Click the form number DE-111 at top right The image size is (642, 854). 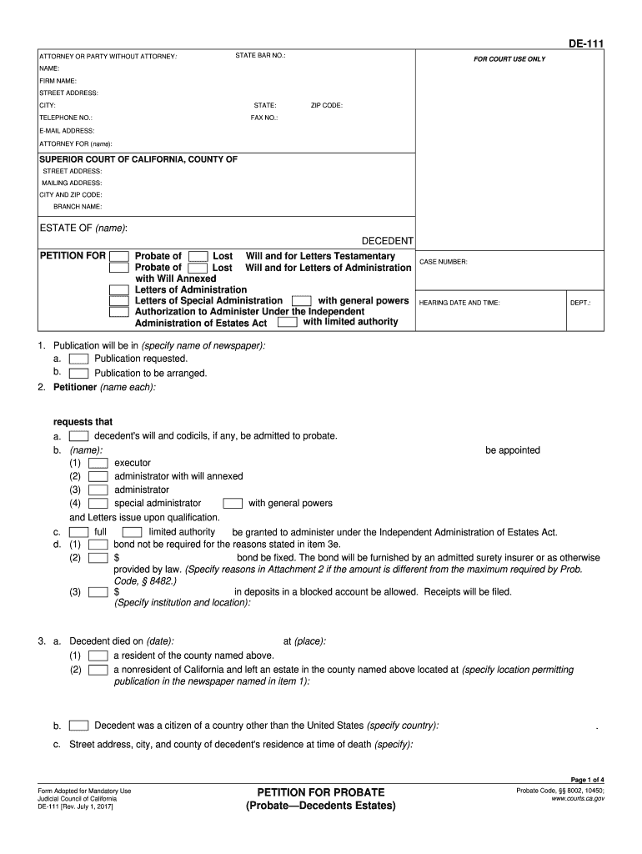point(587,44)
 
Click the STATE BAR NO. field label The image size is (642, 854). point(260,56)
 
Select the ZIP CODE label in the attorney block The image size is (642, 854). point(327,106)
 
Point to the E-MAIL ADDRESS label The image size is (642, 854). point(67,131)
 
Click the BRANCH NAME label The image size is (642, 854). point(78,206)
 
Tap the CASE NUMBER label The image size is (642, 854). point(443,262)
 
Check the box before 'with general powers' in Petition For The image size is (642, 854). point(302,300)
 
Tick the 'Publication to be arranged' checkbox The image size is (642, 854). point(79,374)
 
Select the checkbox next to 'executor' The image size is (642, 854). point(98,463)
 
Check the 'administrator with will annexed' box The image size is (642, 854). point(98,476)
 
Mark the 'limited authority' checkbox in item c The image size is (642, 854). point(132,532)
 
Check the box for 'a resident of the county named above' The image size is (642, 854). point(98,656)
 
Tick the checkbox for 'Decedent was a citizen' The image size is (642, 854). point(79,726)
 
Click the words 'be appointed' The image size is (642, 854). point(513,450)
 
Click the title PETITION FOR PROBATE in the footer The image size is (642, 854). point(321,791)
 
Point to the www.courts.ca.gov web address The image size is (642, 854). point(578,798)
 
